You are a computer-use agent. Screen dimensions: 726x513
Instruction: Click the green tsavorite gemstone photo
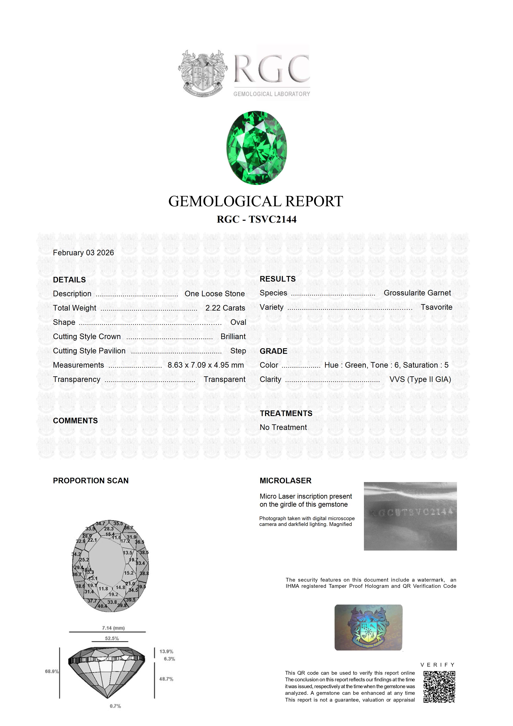[256, 148]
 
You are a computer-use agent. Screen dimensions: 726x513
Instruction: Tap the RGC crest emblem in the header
[203, 74]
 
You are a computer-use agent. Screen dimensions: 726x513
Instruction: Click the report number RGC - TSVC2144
[256, 220]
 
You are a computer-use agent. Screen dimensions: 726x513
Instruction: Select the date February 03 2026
[84, 253]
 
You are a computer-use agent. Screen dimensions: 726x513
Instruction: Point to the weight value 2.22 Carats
[225, 308]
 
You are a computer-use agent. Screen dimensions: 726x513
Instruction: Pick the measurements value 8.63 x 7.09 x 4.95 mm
[206, 365]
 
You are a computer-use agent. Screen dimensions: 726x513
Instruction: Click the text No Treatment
[283, 427]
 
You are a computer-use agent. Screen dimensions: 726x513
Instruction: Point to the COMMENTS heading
[75, 421]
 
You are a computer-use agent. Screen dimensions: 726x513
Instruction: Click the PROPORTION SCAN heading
[91, 481]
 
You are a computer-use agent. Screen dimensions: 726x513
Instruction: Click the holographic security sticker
[368, 628]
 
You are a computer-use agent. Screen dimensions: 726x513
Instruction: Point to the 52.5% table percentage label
[112, 638]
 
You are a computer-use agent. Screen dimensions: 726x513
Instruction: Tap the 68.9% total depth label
[52, 671]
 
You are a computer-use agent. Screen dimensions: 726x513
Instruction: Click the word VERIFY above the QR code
[438, 665]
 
